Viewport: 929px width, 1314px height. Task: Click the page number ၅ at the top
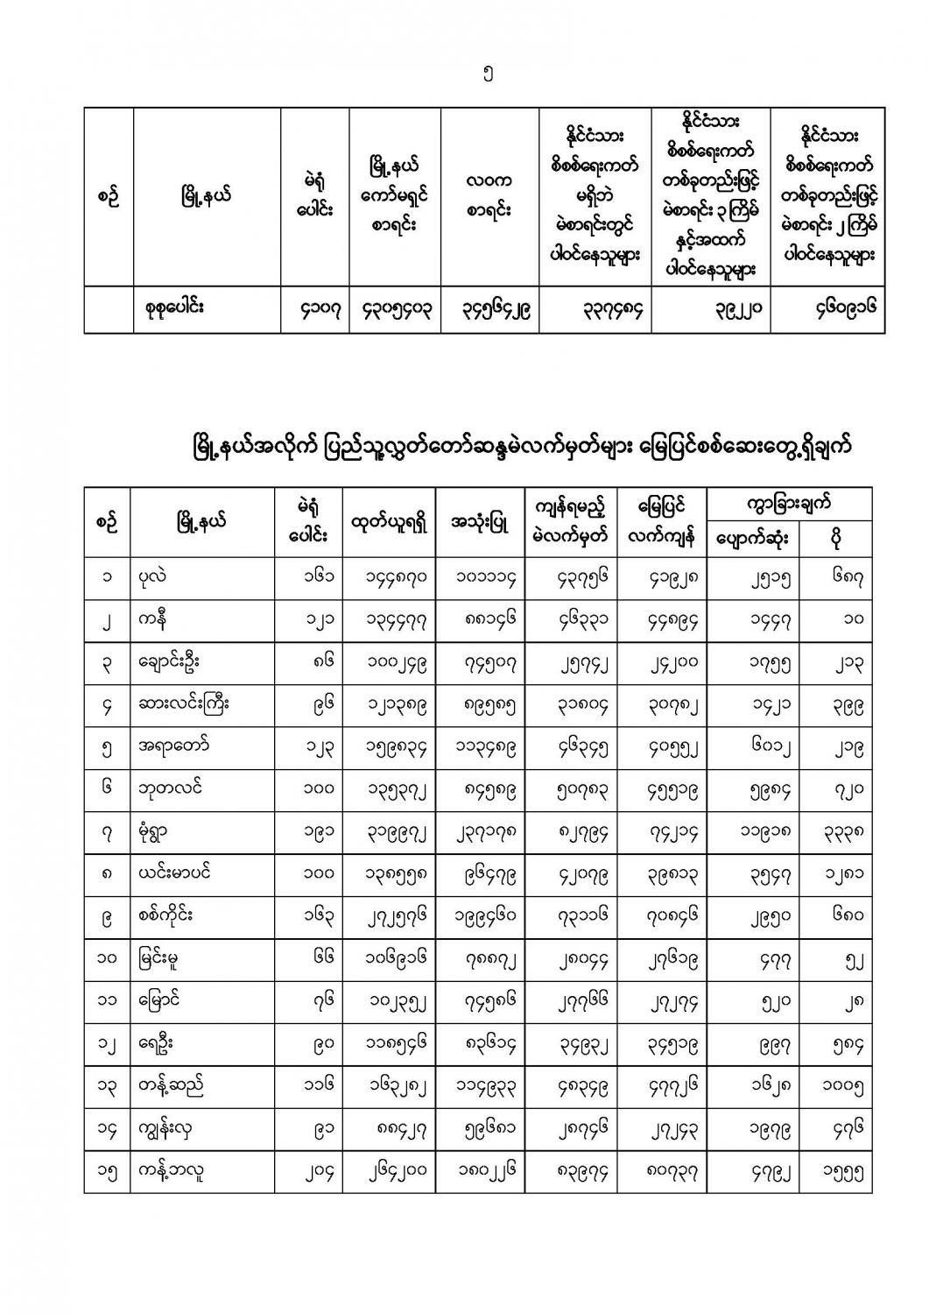click(x=488, y=75)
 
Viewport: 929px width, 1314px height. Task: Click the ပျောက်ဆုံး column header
click(x=750, y=538)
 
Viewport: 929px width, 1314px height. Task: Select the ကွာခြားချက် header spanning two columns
click(x=789, y=504)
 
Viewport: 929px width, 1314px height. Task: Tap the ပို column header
click(x=836, y=538)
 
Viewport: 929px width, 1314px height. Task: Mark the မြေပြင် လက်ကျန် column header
click(x=661, y=522)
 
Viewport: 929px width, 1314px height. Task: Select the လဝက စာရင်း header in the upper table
click(x=489, y=196)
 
